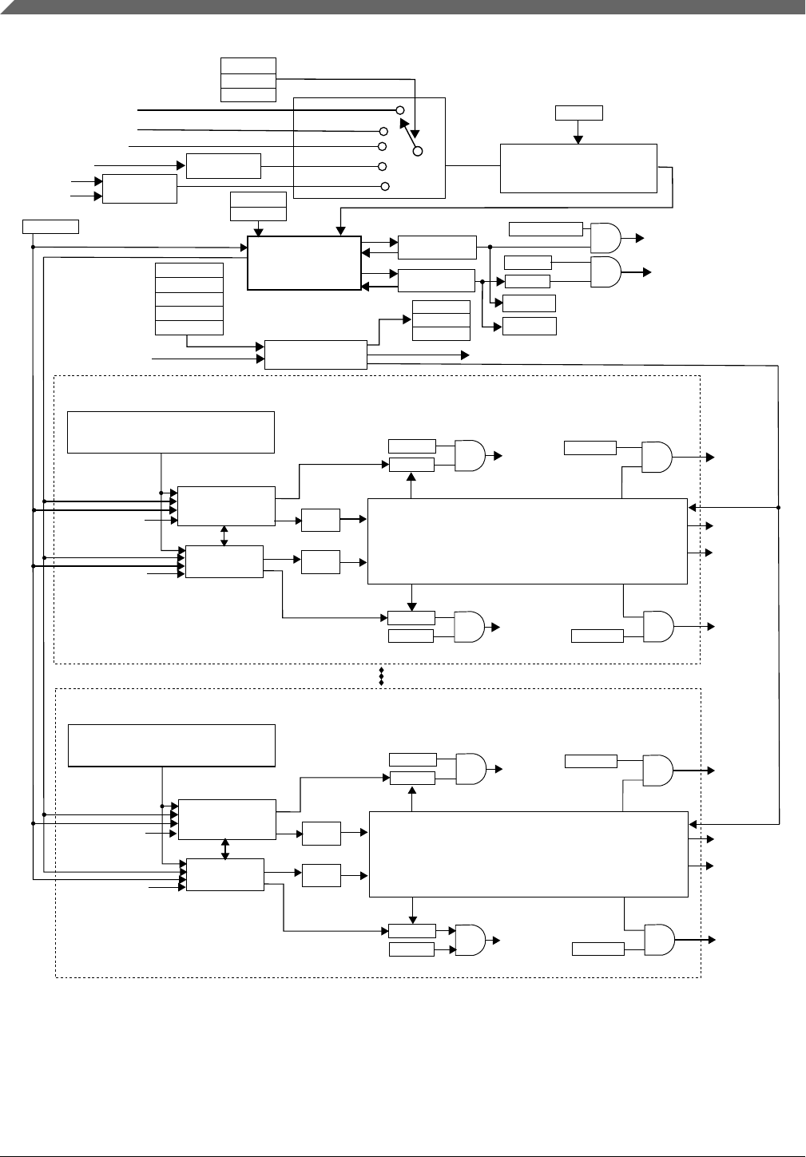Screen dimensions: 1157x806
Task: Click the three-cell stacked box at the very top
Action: pos(248,80)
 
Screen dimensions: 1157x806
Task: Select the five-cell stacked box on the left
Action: pos(189,299)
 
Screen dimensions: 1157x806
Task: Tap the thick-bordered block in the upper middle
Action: pos(304,263)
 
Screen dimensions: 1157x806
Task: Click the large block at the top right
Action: pos(578,168)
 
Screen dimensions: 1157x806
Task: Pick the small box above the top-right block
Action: pos(578,113)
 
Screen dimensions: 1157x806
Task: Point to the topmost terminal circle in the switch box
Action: pos(400,109)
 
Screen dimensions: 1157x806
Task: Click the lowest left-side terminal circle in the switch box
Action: pos(385,186)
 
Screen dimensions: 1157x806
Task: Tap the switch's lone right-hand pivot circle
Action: pos(417,151)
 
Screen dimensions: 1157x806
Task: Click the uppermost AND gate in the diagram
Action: pos(605,237)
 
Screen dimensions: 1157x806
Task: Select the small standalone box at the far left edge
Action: pos(50,226)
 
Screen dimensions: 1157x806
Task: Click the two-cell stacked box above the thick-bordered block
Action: pos(258,206)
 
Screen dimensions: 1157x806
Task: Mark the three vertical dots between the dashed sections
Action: pos(382,676)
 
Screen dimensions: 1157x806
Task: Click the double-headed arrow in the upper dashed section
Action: pos(224,536)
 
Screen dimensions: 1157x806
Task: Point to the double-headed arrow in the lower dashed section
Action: pos(225,849)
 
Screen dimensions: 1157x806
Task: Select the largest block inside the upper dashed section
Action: pos(527,541)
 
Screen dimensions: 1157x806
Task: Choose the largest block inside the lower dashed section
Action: pos(528,854)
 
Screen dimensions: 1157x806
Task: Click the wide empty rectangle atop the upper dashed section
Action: pos(171,432)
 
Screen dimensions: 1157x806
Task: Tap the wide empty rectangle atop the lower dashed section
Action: pos(172,746)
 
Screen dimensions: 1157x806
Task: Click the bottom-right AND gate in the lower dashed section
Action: pos(657,940)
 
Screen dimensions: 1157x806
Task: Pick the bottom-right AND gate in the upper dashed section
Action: pos(657,627)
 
